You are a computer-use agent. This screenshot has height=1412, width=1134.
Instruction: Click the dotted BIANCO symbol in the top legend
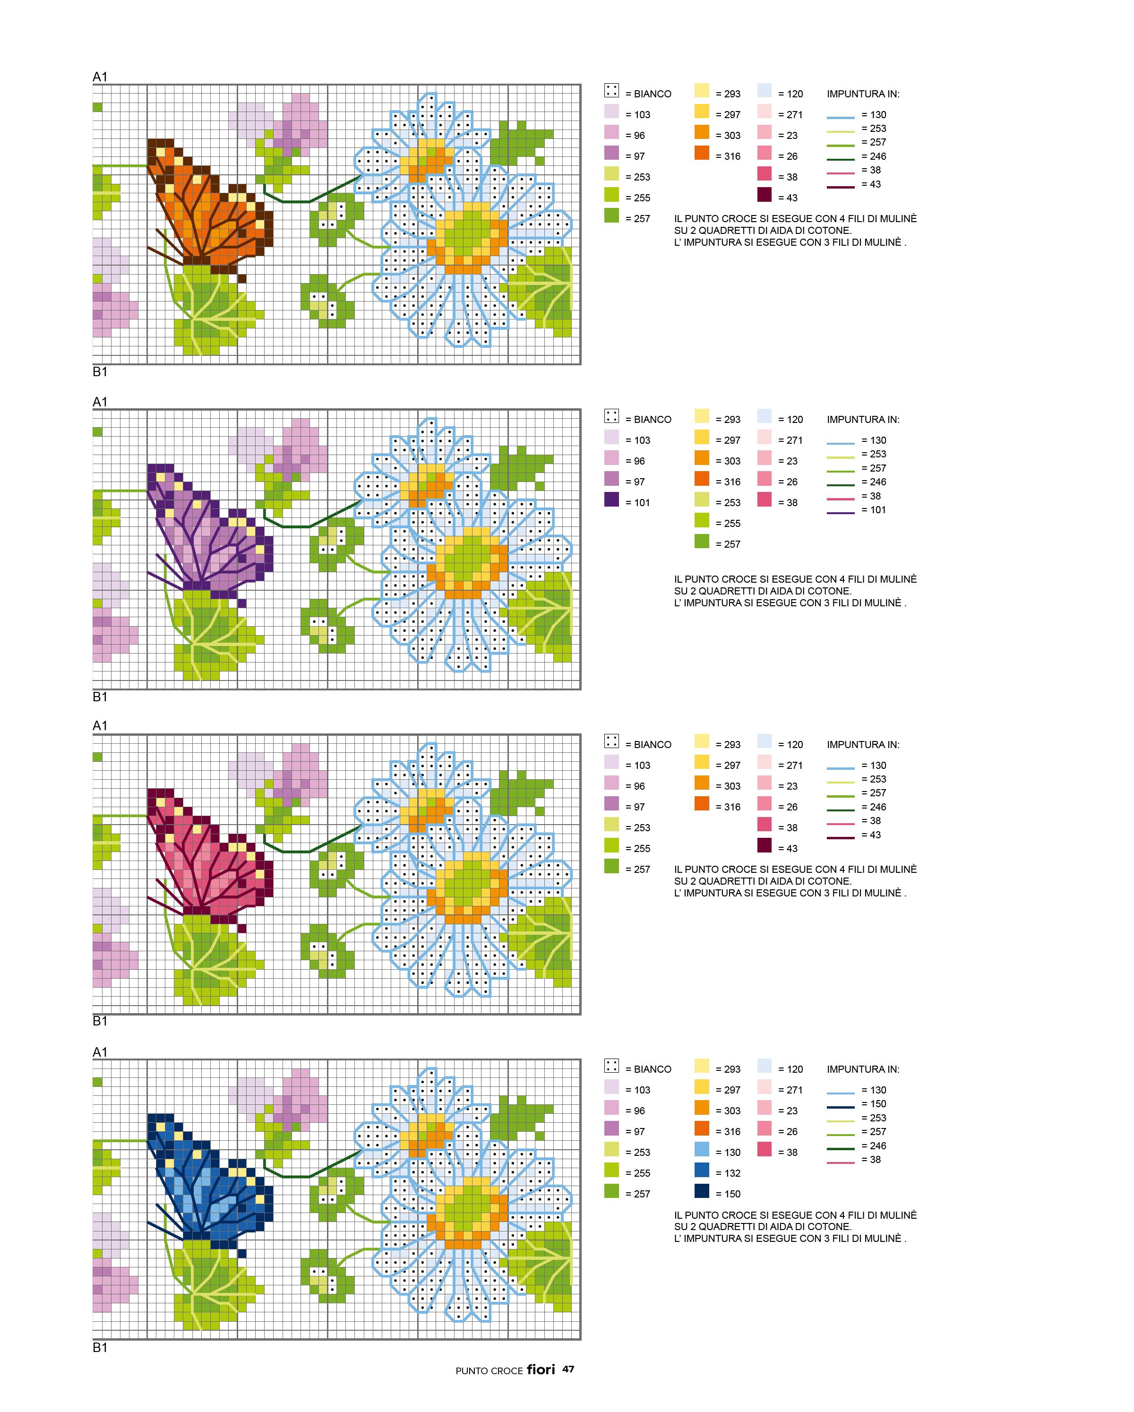click(611, 90)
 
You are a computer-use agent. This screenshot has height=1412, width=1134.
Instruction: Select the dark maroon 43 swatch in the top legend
click(765, 195)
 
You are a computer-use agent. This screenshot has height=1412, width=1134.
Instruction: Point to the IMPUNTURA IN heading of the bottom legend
click(863, 1069)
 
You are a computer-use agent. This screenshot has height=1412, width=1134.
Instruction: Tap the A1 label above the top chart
click(100, 77)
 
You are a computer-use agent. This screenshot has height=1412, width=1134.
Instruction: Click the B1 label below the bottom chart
click(100, 1347)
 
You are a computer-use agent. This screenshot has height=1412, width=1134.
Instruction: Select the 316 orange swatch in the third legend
click(702, 803)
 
